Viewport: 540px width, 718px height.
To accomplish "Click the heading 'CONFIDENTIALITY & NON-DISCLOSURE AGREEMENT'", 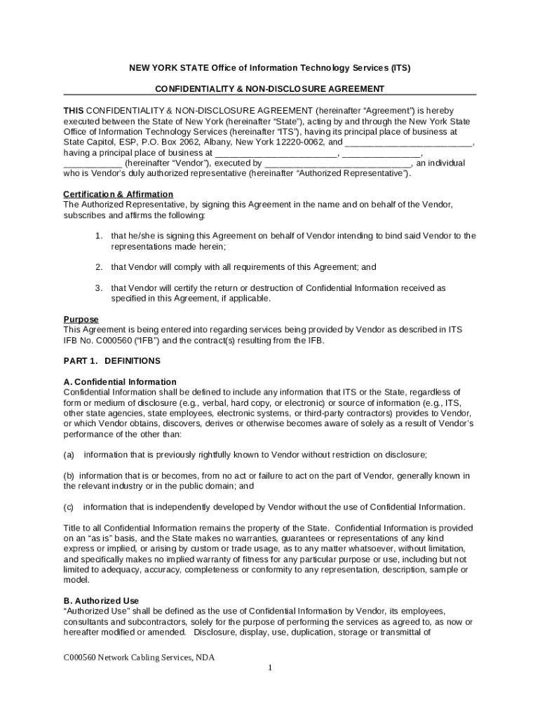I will point(269,89).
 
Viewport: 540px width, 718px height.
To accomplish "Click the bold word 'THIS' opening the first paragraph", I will point(74,111).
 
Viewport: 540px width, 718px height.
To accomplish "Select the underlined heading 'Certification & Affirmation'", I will point(118,194).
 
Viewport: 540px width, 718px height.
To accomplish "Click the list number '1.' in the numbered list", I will point(100,236).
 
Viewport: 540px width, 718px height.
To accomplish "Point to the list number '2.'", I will point(100,267).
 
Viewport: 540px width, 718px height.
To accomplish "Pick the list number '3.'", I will point(100,288).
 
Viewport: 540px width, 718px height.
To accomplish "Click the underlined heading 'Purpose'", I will point(81,319).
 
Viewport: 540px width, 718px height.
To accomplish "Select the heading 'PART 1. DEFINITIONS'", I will point(112,361).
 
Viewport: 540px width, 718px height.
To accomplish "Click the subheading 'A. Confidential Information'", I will point(119,382).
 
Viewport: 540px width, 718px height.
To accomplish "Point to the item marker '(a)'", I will point(69,455).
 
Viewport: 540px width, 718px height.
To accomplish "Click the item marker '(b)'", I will point(69,476).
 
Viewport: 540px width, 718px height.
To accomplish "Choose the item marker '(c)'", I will point(69,507).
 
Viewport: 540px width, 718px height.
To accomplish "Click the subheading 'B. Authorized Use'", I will point(101,601).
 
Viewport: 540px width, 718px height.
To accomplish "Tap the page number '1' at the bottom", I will point(269,668).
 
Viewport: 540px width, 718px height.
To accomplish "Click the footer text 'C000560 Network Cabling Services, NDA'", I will point(139,658).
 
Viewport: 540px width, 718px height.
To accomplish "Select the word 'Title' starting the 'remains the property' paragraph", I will point(73,528).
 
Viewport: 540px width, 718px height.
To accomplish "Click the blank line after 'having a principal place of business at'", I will point(276,154).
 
